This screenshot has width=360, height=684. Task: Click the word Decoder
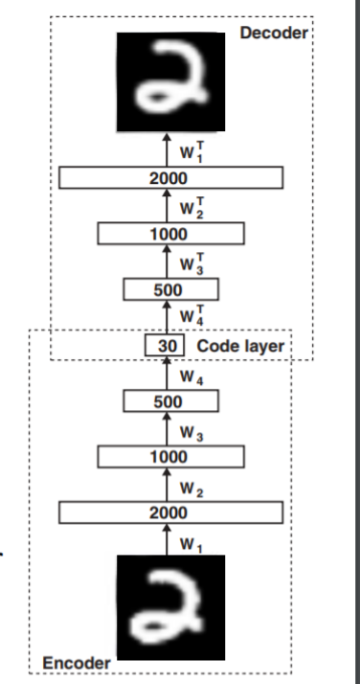point(273,34)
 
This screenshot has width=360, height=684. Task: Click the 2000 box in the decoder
point(170,178)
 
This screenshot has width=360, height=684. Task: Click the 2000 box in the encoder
point(170,513)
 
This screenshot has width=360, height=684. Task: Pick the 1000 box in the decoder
point(170,234)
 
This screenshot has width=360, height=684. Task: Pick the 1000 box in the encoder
point(170,457)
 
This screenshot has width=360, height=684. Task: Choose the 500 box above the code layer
point(170,288)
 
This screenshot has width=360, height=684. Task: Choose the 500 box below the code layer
point(170,400)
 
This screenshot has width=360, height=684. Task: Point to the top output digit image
point(169,81)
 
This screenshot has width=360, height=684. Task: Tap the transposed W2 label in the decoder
point(191,205)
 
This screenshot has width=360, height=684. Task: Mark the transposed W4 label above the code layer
point(191,315)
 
